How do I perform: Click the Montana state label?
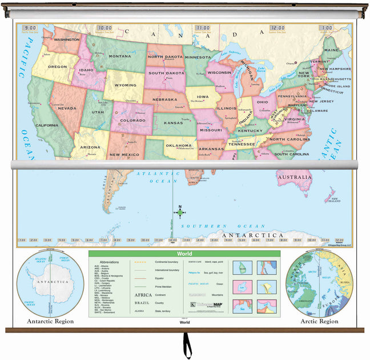pos(120,56)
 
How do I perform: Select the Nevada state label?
pos(67,108)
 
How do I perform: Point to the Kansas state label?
pos(174,122)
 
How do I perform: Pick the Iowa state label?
pos(203,97)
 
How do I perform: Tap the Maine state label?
pos(332,50)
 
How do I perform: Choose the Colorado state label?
pos(132,121)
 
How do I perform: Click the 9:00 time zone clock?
pos(31,27)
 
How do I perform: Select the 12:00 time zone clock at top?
pos(277,27)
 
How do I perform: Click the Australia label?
pos(294,178)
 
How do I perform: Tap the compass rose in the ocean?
pos(180,212)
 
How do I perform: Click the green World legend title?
pos(184,254)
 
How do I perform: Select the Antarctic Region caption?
pos(50,321)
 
